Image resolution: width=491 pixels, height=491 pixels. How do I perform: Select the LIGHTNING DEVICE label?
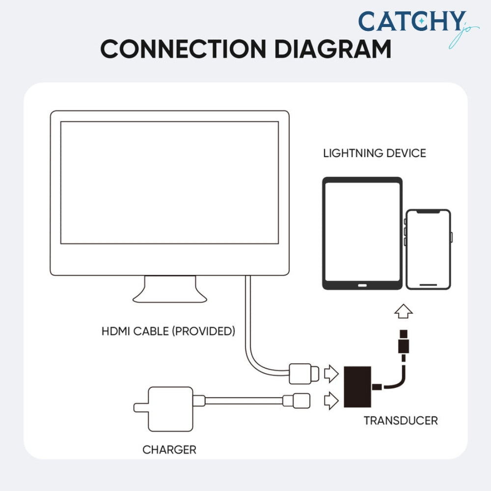point(374,153)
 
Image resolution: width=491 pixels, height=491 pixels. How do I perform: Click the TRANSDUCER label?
point(400,420)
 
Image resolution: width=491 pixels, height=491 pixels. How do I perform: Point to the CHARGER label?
point(169,449)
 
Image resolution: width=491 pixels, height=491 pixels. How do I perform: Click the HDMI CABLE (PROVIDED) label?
point(168,331)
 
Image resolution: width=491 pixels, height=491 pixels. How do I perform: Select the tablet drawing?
point(362,233)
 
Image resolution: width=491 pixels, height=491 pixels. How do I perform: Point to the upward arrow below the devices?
point(404,311)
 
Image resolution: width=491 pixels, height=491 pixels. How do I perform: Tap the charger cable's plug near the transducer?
point(296,400)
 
